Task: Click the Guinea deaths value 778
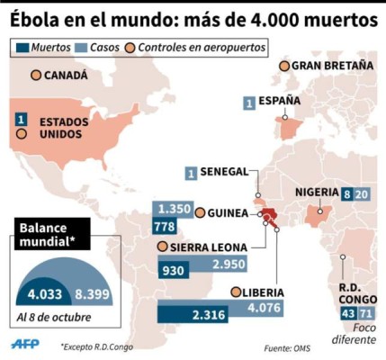(x=165, y=226)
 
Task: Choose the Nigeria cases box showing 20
(x=362, y=193)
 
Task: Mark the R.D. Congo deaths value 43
(x=348, y=312)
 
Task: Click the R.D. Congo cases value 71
(x=365, y=312)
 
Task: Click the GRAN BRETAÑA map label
(x=325, y=66)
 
